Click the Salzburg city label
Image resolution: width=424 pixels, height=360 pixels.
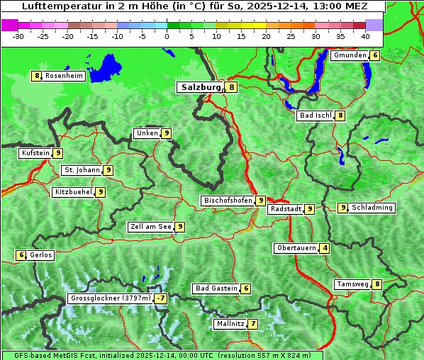tap(200, 87)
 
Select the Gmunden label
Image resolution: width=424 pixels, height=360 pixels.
tap(350, 55)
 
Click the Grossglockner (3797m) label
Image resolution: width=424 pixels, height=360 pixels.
tap(111, 298)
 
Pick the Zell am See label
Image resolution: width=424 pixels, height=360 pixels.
tap(151, 227)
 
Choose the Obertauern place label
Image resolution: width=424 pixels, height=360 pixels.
tap(296, 248)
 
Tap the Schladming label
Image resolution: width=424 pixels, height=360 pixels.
tap(372, 208)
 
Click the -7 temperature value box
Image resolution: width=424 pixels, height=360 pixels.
tap(162, 298)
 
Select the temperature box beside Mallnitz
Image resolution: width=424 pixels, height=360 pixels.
tap(253, 324)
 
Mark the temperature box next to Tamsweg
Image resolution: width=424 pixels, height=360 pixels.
tap(378, 284)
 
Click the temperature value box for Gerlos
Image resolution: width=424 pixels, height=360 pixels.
tap(21, 255)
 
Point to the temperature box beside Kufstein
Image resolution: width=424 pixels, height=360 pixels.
tap(58, 153)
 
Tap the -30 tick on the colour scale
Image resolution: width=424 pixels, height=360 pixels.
tap(18, 35)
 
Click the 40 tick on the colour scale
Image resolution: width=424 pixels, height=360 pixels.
tap(365, 35)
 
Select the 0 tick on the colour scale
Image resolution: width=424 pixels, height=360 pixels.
tap(167, 35)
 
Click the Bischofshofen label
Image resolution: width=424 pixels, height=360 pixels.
tap(228, 201)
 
